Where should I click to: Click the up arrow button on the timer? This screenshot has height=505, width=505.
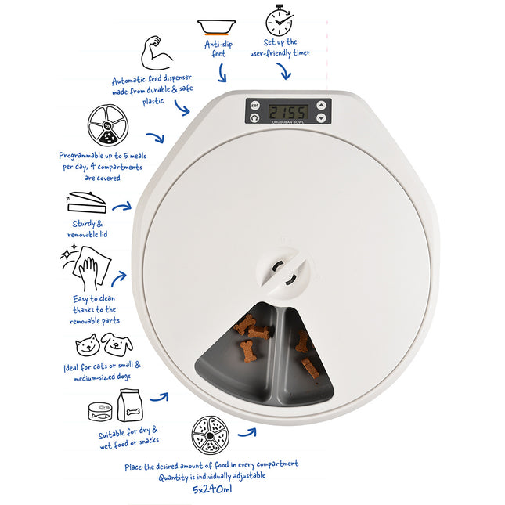coord(321,106)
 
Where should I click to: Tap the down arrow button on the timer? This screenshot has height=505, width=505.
coord(321,118)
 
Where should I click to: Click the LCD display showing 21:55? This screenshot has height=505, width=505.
coord(289,112)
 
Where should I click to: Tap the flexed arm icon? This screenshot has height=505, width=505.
coord(157,52)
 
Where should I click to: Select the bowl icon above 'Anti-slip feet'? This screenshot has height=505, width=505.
coord(217,27)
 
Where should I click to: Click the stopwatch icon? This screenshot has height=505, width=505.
coord(280,20)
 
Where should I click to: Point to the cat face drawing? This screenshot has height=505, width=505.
coord(87,345)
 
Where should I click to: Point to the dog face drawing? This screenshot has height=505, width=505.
coord(117,344)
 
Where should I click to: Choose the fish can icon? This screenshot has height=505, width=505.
coord(100,411)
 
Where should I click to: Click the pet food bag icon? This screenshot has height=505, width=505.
coord(130,405)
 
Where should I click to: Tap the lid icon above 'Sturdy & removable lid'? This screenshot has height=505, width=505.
coord(86,202)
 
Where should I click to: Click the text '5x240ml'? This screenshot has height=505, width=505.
coord(212,489)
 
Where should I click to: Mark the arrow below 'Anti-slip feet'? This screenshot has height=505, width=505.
coord(222,73)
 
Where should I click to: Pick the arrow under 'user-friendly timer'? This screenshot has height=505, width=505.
coord(284,70)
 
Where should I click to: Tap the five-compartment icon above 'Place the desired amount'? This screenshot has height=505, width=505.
coord(211,435)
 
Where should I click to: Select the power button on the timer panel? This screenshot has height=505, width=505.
coord(254,118)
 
